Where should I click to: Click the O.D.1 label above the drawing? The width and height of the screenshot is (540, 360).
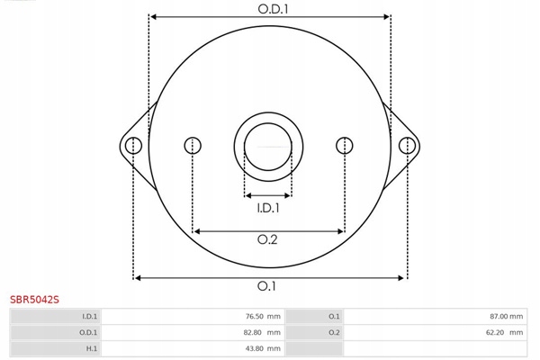tap(273, 9)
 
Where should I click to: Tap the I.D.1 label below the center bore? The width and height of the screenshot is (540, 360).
tap(268, 208)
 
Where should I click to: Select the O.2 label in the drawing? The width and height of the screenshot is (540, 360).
tap(267, 239)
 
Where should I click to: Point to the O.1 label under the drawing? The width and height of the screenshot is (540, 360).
tap(266, 286)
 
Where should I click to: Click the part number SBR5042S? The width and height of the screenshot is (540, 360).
tap(34, 300)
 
